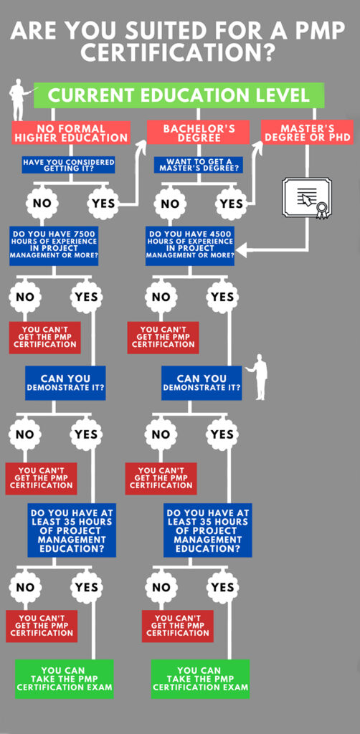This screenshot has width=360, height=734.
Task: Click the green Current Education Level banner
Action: click(179, 95)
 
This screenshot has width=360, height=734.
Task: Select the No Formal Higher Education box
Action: click(71, 132)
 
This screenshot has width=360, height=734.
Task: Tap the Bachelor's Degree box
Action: click(199, 132)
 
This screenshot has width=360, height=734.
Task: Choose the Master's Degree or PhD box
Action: click(307, 132)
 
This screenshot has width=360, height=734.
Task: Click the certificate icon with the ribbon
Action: click(306, 198)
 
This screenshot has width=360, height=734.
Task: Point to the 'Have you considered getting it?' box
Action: click(68, 165)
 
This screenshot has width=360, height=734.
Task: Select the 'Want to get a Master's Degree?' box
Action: click(199, 165)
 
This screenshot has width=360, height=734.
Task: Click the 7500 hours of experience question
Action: click(54, 246)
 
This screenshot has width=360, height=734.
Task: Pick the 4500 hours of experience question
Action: click(189, 246)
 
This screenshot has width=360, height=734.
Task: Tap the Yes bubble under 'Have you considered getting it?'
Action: click(103, 203)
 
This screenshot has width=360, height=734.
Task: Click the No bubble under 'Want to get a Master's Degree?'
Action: click(170, 203)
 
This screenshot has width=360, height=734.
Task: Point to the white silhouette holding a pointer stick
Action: click(20, 99)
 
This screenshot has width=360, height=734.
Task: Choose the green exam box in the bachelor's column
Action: click(200, 679)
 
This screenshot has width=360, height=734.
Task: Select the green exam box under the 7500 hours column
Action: click(64, 679)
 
